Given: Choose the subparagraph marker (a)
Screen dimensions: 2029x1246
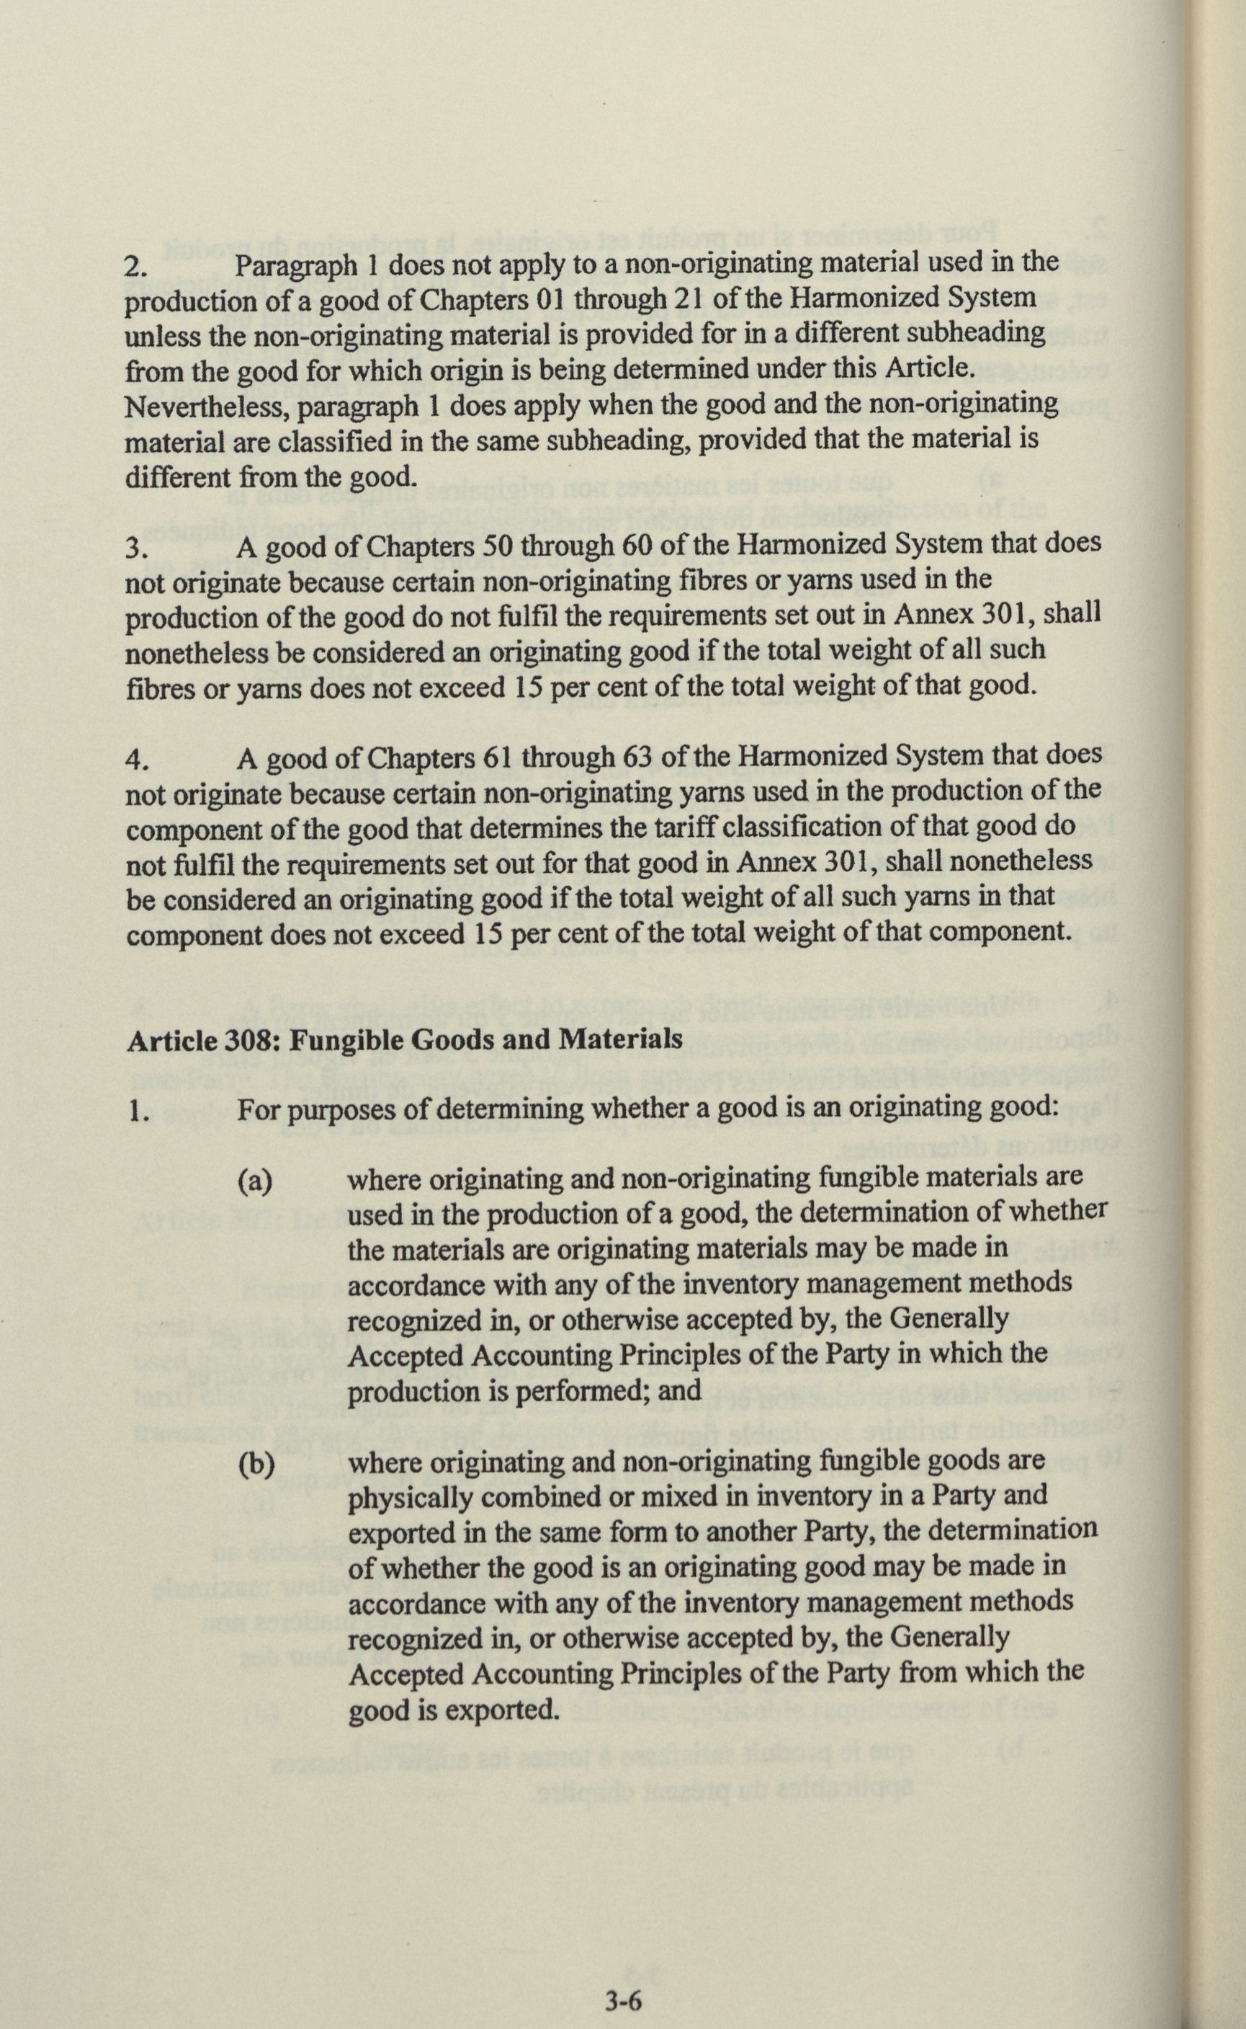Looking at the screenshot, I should click(255, 1181).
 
